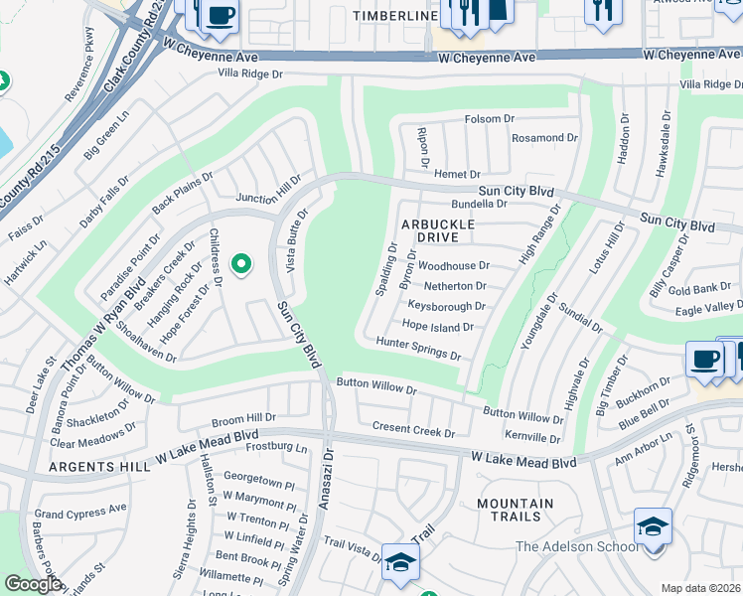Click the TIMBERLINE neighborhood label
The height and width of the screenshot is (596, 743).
tap(395, 17)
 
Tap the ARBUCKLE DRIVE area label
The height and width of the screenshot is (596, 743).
tap(437, 230)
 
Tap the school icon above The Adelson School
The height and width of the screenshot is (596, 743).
tap(654, 525)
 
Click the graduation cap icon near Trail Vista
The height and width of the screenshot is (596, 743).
tap(400, 561)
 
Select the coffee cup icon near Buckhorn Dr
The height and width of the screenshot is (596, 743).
tap(704, 359)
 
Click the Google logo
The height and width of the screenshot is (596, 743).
tap(32, 584)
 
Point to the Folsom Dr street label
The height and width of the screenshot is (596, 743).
tap(490, 119)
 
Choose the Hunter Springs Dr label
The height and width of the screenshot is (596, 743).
tap(418, 349)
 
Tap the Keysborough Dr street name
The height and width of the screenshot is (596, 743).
tap(446, 306)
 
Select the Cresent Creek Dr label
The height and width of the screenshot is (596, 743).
tap(413, 428)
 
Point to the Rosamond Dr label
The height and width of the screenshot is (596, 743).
tap(544, 138)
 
